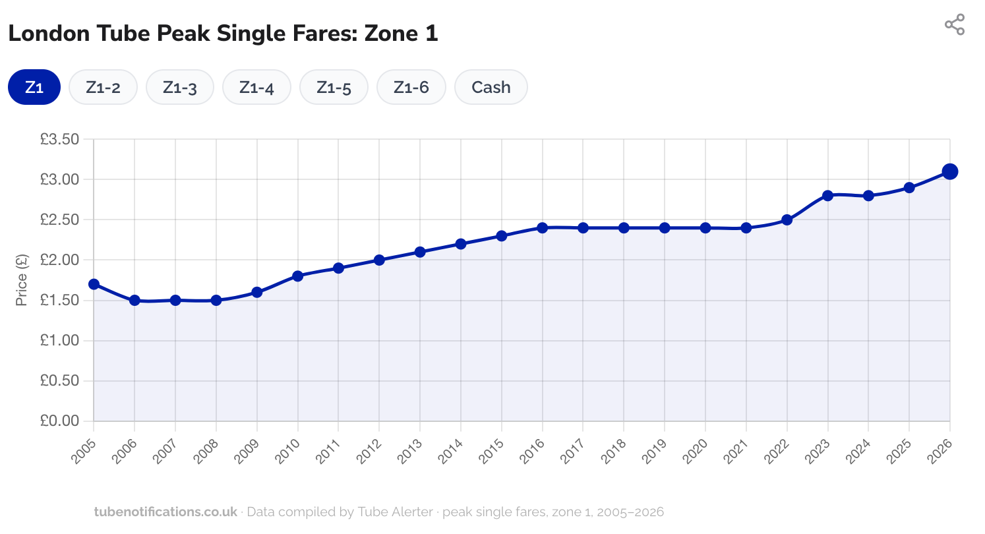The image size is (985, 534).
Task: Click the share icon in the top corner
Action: tap(954, 25)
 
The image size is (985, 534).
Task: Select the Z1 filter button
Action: tap(34, 87)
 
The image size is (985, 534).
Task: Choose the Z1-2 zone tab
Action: tap(103, 87)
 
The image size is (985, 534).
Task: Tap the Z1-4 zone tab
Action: tap(256, 87)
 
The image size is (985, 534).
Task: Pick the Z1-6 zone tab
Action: tap(411, 87)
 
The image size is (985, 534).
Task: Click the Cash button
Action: tap(491, 87)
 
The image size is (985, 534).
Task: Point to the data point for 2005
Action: tap(94, 284)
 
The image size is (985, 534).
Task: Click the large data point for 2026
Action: tap(949, 171)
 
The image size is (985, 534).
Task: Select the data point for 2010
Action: tap(297, 276)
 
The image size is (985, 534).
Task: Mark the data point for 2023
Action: tap(827, 196)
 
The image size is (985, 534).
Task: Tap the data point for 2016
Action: tap(542, 227)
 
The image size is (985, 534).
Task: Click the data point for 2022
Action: tap(787, 220)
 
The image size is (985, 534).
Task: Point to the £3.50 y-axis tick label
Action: tap(59, 139)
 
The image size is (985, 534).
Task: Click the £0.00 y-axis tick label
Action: tap(59, 421)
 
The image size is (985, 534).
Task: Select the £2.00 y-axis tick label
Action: tap(59, 260)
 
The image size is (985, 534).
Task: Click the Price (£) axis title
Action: tap(22, 280)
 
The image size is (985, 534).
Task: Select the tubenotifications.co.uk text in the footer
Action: tap(165, 512)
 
